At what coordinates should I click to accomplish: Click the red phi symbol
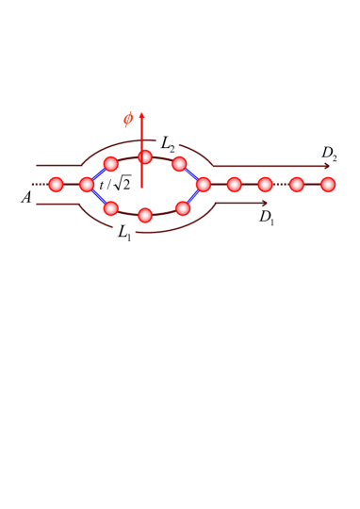coord(128,119)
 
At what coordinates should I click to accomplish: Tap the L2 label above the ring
coord(168,144)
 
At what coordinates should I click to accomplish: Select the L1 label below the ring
coord(124,232)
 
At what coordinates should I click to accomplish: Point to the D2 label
coord(329,153)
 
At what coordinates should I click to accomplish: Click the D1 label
coord(267,217)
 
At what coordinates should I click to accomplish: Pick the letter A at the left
coord(26,198)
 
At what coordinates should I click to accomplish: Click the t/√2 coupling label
coord(115,185)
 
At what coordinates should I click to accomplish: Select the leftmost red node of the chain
coord(56,184)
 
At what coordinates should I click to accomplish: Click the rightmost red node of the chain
coord(328,184)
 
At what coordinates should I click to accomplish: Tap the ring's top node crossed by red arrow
coord(145,156)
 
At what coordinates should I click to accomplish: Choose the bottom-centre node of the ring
coord(145,215)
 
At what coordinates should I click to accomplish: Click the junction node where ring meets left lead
coord(87,184)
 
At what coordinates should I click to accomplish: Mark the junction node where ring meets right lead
coord(204,184)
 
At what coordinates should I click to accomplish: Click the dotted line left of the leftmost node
coord(39,184)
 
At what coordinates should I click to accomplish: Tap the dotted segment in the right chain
coord(281,184)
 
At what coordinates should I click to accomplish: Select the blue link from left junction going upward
coord(98,173)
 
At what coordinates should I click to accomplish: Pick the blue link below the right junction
coord(193,196)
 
